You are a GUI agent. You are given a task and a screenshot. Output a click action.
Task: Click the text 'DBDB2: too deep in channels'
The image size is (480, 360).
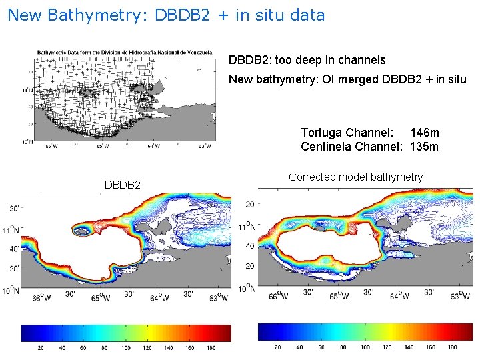pos(307,60)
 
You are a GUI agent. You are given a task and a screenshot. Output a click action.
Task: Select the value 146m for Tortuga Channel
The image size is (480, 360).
pos(425,133)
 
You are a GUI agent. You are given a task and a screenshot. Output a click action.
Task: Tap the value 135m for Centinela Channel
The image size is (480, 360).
pos(425,146)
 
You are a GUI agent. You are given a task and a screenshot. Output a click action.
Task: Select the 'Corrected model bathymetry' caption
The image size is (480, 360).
pos(355,177)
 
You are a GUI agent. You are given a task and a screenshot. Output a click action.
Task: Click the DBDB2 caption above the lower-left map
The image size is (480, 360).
pos(123,183)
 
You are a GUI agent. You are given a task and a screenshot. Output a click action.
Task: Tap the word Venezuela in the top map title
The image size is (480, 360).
pos(197,52)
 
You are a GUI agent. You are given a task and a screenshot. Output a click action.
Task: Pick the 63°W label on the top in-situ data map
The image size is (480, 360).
pos(204,146)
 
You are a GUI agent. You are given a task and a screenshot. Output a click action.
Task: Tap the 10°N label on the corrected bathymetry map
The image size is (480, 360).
pos(246,288)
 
